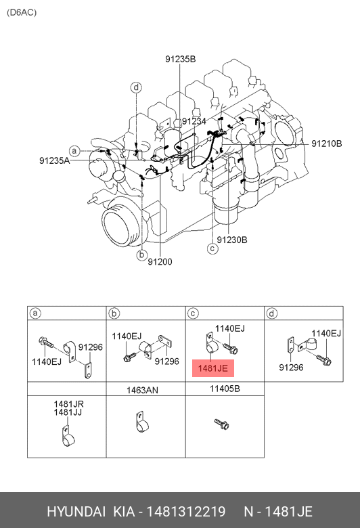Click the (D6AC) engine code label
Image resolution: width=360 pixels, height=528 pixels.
[x=22, y=12]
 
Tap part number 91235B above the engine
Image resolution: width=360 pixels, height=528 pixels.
[x=180, y=59]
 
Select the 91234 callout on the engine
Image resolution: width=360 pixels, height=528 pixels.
[x=194, y=121]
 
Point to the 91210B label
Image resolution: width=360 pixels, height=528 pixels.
[x=326, y=144]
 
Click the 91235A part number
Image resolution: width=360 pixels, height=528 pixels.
[x=54, y=160]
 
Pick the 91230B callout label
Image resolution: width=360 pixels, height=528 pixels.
[x=232, y=240]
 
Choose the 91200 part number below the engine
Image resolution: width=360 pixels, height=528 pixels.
[x=160, y=262]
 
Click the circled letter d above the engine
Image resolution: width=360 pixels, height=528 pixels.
[x=136, y=87]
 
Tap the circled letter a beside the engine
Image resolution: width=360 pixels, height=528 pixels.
[x=74, y=151]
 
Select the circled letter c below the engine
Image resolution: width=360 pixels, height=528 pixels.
[x=212, y=249]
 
